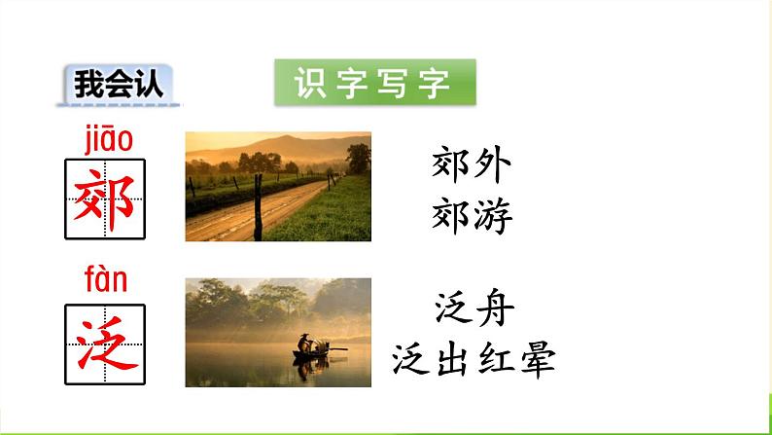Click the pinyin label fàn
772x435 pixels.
[105, 281]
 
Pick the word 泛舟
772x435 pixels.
[474, 310]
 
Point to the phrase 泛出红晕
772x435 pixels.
[474, 360]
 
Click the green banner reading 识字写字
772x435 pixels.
[374, 84]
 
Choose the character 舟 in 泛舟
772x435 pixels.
[495, 310]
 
